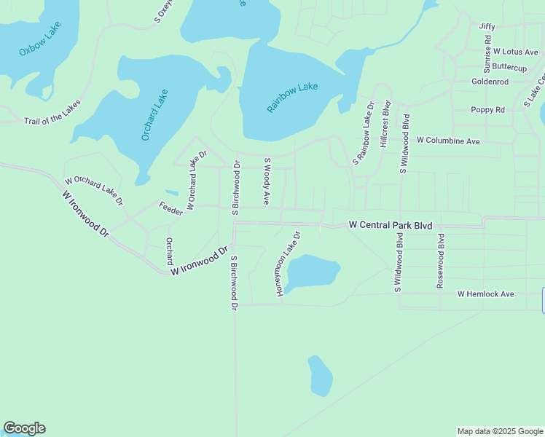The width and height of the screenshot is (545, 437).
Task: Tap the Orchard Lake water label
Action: tap(154, 115)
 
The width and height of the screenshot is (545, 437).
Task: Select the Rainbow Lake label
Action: tap(292, 98)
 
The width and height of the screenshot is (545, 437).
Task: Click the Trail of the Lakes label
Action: tap(52, 111)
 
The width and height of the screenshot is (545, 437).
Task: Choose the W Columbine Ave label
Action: tap(448, 140)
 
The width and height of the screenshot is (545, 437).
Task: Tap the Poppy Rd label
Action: tap(488, 110)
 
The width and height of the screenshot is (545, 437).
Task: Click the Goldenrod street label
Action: tap(490, 82)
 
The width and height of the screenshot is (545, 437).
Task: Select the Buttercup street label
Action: tap(509, 68)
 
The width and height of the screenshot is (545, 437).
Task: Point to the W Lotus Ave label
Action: tap(515, 52)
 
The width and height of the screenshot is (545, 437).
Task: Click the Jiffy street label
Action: tap(487, 26)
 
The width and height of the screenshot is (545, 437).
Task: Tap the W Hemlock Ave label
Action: tap(485, 294)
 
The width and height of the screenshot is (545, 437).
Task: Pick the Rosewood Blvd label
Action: tap(440, 261)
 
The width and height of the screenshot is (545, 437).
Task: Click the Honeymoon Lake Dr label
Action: tap(287, 264)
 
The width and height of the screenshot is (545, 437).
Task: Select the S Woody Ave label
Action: tap(267, 181)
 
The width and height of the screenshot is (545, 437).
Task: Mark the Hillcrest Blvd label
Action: tap(384, 126)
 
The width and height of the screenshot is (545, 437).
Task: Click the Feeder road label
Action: tap(170, 208)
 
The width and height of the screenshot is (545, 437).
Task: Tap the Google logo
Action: tap(24, 428)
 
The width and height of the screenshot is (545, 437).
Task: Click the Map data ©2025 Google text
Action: tap(500, 431)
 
